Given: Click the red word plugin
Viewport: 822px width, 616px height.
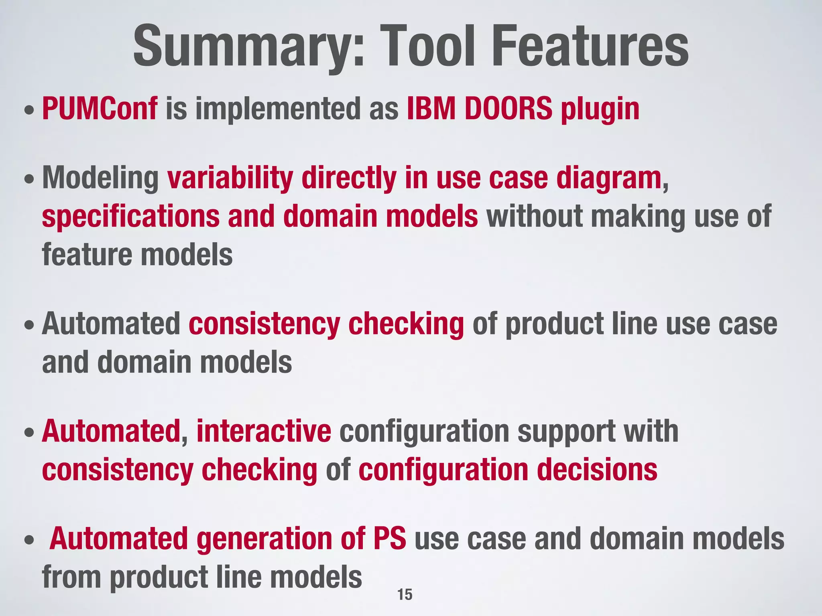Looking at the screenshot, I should pos(600,110).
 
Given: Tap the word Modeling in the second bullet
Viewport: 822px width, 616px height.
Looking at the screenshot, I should pos(101,178).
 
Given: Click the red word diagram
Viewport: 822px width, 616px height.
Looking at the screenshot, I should pos(608,179).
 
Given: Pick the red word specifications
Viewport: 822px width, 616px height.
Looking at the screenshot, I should pos(131,217).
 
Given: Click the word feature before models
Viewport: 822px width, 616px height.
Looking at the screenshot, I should pos(87,255).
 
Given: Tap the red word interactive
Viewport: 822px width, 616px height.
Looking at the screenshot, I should pos(264,431).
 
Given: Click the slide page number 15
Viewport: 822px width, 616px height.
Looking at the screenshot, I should pos(405,594).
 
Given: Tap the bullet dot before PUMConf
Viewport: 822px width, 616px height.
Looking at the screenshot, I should pos(28,110).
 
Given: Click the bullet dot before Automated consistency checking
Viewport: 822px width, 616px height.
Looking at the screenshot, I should pos(28,325).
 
